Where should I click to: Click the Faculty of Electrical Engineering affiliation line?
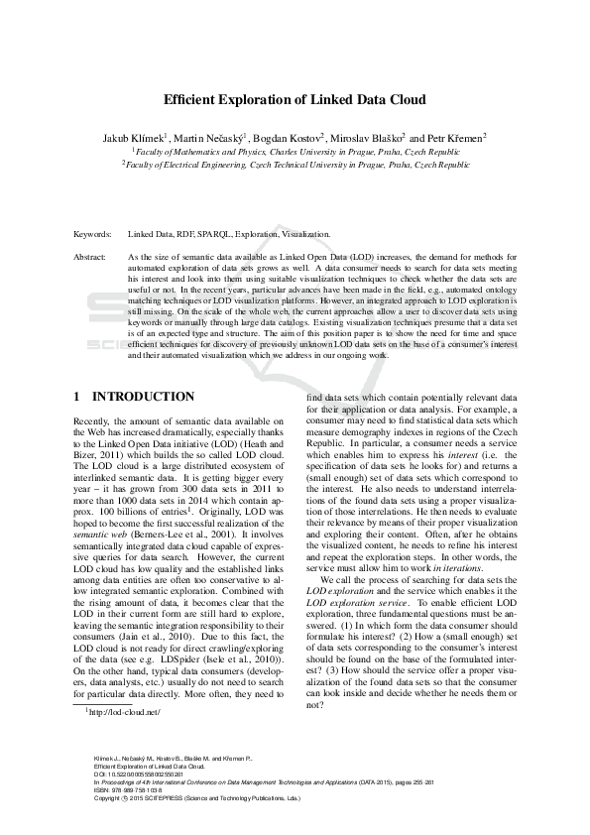295,166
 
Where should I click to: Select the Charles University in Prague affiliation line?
295,152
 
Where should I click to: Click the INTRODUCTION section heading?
144,397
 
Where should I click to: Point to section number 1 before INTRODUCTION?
77,397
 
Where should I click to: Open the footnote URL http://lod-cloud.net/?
125,740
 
